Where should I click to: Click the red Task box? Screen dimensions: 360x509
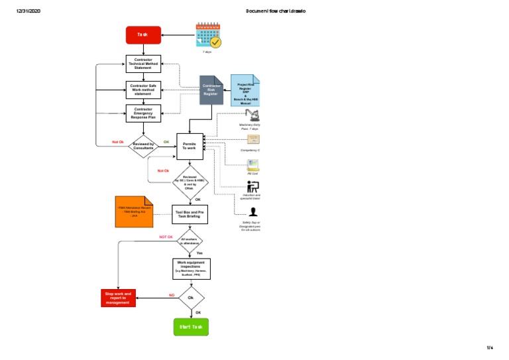143,35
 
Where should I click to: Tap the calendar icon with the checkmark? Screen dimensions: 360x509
208,35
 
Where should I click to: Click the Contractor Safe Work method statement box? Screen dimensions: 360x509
143,90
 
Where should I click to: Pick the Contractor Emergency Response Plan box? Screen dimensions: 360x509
143,113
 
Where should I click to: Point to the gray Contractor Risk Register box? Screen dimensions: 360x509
211,90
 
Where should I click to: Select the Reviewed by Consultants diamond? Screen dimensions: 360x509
143,146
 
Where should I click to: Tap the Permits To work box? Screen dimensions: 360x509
190,146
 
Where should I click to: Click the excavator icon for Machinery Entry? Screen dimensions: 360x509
253,115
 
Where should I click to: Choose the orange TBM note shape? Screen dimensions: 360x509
134,211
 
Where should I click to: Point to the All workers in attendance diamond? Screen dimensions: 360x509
190,241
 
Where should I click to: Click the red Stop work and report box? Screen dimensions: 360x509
119,298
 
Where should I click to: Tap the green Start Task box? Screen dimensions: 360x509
191,327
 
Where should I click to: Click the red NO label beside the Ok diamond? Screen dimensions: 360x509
171,294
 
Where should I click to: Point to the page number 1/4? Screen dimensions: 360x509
490,347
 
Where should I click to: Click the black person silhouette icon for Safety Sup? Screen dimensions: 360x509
253,212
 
